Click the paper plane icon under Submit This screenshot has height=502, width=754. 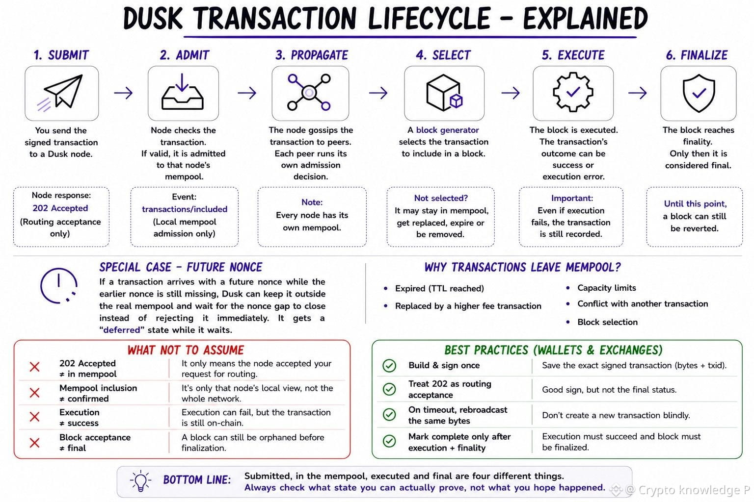(60, 93)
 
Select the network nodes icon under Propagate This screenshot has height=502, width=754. (309, 92)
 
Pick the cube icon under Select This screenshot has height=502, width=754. (444, 93)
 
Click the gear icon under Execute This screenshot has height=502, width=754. (573, 92)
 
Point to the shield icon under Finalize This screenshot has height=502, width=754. (699, 93)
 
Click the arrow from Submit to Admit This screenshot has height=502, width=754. (123, 93)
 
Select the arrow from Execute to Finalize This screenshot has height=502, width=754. (637, 93)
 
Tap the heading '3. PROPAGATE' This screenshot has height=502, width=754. (312, 55)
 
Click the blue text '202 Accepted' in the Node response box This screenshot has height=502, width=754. (60, 208)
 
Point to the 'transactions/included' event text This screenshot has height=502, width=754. (185, 209)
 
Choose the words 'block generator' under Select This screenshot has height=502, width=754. (447, 130)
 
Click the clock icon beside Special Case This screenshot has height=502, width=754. (59, 286)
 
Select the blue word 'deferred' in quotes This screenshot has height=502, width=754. (122, 330)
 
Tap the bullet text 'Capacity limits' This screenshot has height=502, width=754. (607, 288)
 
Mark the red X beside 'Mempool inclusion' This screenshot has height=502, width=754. (35, 392)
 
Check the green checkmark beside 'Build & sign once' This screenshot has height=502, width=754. (389, 366)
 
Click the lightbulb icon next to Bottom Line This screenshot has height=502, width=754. (140, 481)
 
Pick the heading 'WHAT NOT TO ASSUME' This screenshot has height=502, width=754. (186, 350)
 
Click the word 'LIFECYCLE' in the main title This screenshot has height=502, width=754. (429, 18)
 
